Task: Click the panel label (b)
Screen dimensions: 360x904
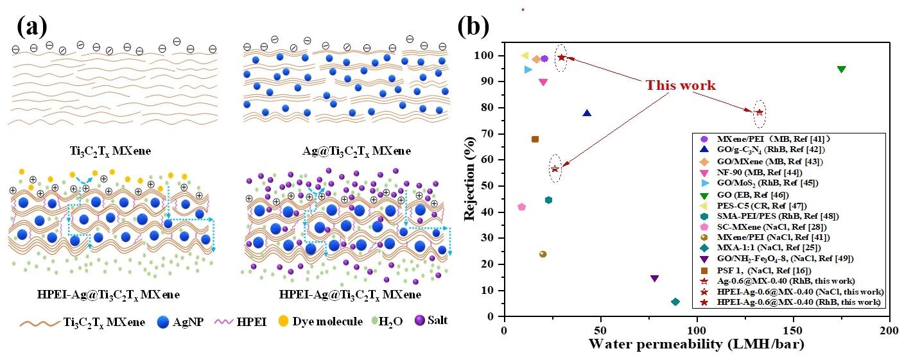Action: (473, 26)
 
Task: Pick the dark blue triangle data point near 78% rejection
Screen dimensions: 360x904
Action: (586, 114)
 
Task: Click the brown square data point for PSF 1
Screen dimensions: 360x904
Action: (535, 139)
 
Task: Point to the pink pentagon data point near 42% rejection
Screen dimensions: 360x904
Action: (521, 207)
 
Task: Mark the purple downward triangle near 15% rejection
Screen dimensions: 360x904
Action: (654, 279)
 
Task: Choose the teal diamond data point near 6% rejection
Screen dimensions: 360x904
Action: (675, 302)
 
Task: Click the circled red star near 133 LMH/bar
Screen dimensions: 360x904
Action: (760, 112)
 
